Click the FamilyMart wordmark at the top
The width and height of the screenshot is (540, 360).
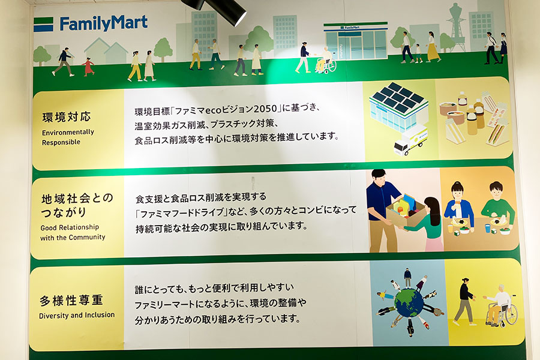click(104, 23)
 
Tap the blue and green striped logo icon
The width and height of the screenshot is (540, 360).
click(43, 25)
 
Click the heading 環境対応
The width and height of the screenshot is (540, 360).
click(67, 117)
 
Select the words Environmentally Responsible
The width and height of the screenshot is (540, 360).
click(68, 137)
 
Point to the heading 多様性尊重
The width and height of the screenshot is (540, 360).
click(71, 301)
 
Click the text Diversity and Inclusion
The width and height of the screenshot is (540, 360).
click(77, 315)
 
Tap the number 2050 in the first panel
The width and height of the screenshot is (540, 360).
click(265, 109)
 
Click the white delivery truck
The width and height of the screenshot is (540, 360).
click(410, 140)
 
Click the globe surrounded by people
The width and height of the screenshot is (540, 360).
click(409, 304)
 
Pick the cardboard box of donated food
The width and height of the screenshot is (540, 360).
click(406, 210)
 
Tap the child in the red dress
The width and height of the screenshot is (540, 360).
click(89, 67)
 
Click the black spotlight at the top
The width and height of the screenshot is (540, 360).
click(220, 10)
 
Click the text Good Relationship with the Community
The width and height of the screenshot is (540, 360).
click(73, 232)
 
